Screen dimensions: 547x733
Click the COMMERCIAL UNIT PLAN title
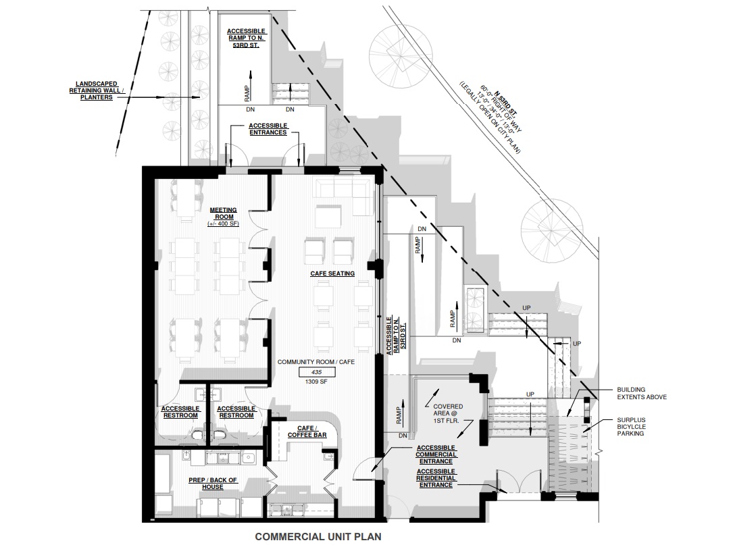point(318,537)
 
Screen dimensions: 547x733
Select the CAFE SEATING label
point(332,273)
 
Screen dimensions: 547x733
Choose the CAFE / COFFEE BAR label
point(307,432)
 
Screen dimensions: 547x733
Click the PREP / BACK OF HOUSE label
point(213,484)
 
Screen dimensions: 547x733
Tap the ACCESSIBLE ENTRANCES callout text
point(268,129)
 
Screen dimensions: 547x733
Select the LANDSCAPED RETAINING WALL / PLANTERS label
point(96,90)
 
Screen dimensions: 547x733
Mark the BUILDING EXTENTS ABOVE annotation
point(641,393)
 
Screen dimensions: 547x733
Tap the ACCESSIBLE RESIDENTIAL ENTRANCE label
point(436,478)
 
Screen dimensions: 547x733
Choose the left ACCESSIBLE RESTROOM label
point(181,412)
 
